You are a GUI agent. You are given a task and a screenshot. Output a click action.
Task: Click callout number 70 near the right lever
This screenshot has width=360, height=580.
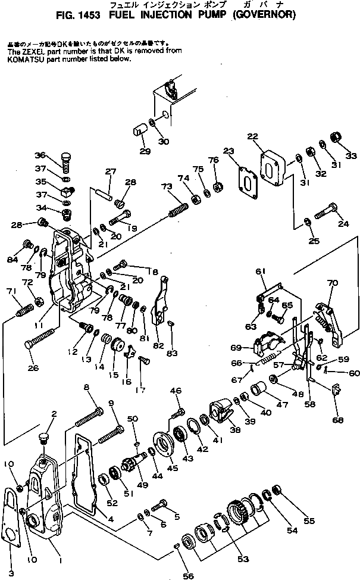(332, 283)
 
